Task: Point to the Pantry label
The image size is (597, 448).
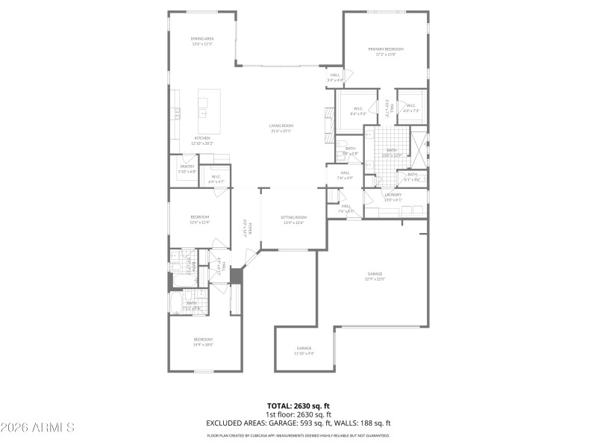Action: [x=187, y=169]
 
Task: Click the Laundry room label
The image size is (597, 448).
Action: [x=393, y=197]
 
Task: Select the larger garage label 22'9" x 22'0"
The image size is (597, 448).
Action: [x=375, y=279]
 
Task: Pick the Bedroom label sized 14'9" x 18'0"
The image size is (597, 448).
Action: [x=203, y=342]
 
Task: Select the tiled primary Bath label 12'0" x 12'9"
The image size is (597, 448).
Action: [x=392, y=152]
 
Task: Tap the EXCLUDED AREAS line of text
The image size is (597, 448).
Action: [x=298, y=423]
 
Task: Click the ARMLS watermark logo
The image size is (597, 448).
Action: [x=37, y=428]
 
